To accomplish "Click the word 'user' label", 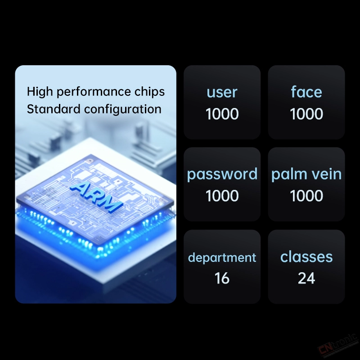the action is click(222, 93).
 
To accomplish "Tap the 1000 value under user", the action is click(222, 114).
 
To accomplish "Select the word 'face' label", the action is click(306, 92).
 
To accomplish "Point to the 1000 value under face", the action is click(306, 114).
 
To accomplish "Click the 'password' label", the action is click(222, 175).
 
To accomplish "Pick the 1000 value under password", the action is click(222, 196).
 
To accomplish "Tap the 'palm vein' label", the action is click(306, 174).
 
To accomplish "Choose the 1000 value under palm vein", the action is click(306, 196).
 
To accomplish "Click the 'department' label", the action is click(222, 258).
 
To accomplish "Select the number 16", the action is click(222, 278).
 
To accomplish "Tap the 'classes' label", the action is click(306, 256).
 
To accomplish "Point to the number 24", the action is click(306, 278).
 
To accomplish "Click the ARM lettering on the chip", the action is click(96, 197).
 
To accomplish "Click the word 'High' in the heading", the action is click(40, 92).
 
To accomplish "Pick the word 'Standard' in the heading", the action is click(54, 109).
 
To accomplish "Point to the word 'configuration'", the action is click(122, 110).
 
